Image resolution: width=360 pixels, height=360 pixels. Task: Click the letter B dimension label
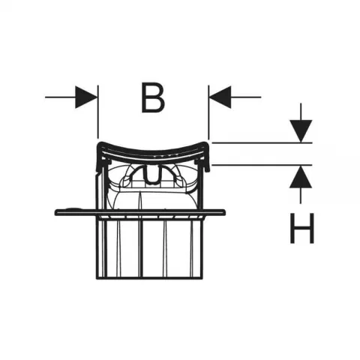(x=153, y=97)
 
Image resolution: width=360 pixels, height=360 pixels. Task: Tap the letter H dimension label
(x=302, y=228)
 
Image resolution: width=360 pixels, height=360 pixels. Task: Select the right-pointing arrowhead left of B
(x=85, y=97)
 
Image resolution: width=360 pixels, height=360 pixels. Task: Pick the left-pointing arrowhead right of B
(x=220, y=97)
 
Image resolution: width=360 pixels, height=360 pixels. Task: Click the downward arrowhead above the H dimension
(x=301, y=130)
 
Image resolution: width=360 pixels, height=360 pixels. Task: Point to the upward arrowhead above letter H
(x=301, y=177)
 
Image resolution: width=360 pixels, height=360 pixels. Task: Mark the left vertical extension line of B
(x=98, y=112)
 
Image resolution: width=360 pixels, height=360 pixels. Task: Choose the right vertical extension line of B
(x=208, y=112)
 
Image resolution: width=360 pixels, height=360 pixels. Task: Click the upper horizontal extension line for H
(x=262, y=142)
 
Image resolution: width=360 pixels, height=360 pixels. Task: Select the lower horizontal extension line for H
(x=262, y=165)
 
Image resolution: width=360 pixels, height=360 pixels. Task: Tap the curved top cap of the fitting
(x=152, y=149)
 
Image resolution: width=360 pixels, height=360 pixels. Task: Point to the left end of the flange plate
(x=55, y=212)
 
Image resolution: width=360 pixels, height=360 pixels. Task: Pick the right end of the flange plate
(x=224, y=212)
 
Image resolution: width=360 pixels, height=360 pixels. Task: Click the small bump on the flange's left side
(x=73, y=208)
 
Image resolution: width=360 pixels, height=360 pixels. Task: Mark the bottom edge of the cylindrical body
(x=149, y=278)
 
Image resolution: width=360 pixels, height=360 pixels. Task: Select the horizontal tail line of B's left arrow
(x=60, y=97)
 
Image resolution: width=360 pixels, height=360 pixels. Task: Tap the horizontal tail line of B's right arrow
(x=246, y=97)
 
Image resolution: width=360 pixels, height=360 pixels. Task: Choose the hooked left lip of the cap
(x=99, y=157)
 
